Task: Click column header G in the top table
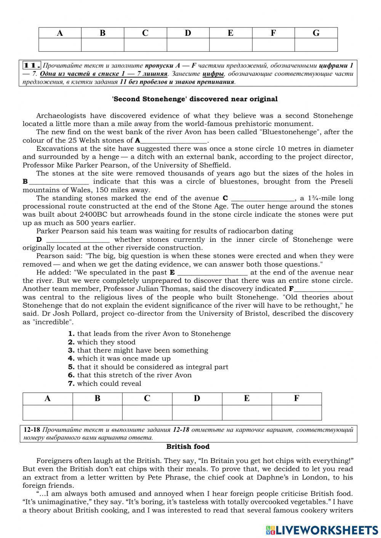(x=316, y=33)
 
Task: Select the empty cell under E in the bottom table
(x=247, y=413)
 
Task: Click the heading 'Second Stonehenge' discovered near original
(x=195, y=99)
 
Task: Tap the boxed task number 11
(x=32, y=65)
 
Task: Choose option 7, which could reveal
(x=105, y=383)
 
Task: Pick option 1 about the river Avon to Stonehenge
(x=149, y=334)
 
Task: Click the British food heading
(x=188, y=447)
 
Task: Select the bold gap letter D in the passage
(x=39, y=239)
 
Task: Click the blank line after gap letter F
(x=324, y=289)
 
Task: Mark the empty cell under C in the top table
(x=145, y=45)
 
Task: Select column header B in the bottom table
(x=97, y=399)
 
